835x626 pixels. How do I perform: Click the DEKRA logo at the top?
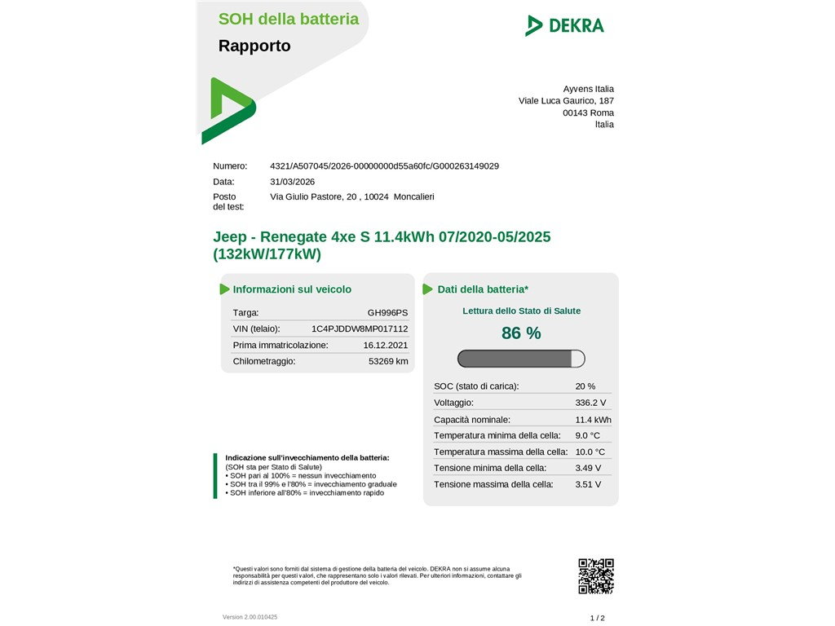[x=564, y=25]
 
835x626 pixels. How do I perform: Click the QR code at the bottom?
[x=595, y=575]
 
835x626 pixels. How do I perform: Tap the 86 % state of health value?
[x=521, y=333]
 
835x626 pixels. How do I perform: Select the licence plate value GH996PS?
[x=387, y=312]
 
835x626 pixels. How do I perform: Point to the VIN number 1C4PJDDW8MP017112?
[x=360, y=328]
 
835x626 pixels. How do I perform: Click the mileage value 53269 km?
[x=388, y=361]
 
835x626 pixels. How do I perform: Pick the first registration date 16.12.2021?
[x=386, y=345]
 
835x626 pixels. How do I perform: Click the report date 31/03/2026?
[x=292, y=182]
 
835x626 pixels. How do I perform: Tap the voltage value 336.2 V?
[x=590, y=403]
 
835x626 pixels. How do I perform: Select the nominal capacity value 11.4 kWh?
[x=593, y=420]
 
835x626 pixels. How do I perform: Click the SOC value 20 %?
[x=585, y=386]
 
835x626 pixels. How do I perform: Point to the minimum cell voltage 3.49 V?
[x=588, y=468]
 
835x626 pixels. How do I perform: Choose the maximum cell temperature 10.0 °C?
[x=590, y=452]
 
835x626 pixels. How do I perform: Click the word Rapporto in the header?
[x=254, y=46]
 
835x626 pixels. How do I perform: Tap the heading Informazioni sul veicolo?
[x=292, y=289]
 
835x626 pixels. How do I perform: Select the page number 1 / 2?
[x=598, y=618]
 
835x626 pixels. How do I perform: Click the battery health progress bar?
[x=521, y=359]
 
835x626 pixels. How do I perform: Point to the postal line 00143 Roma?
[x=588, y=112]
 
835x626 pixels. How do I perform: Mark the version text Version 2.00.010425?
[x=250, y=617]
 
